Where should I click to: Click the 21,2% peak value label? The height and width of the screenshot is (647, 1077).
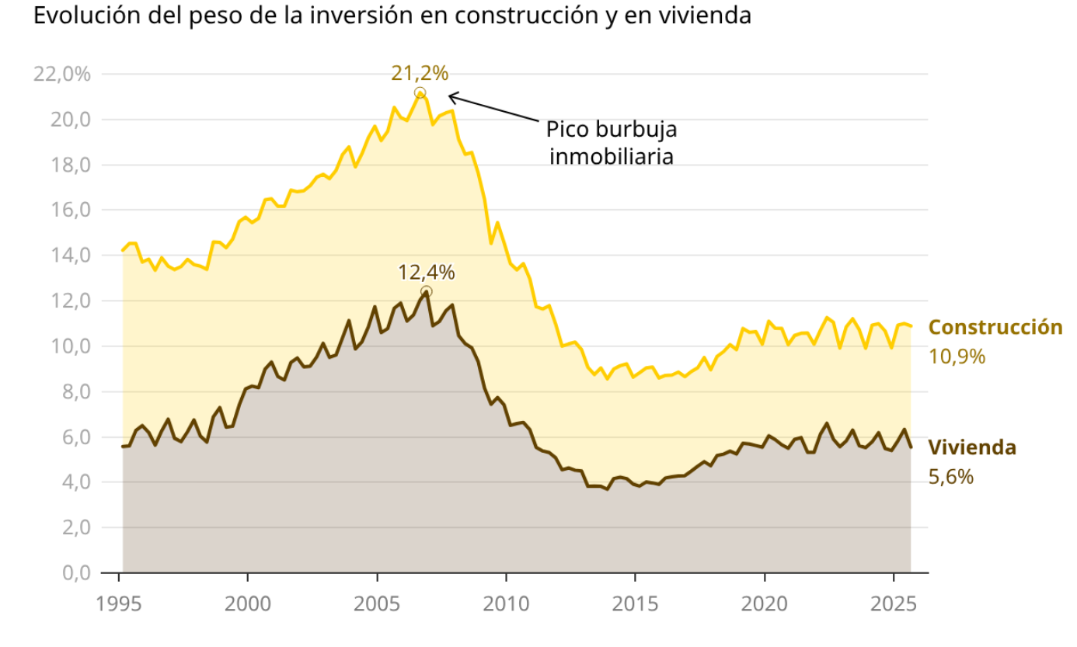pyautogui.click(x=420, y=74)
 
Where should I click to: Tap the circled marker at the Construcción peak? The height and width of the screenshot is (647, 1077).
pyautogui.click(x=420, y=93)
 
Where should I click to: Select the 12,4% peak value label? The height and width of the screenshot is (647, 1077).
pyautogui.click(x=426, y=273)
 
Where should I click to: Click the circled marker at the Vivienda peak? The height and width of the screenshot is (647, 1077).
pyautogui.click(x=426, y=292)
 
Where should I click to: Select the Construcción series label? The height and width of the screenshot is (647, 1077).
pyautogui.click(x=995, y=327)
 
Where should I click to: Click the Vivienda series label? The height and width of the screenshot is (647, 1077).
pyautogui.click(x=972, y=447)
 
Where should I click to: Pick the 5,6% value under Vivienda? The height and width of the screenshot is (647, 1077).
pyautogui.click(x=950, y=477)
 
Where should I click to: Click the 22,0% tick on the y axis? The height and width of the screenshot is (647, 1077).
pyautogui.click(x=62, y=75)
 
